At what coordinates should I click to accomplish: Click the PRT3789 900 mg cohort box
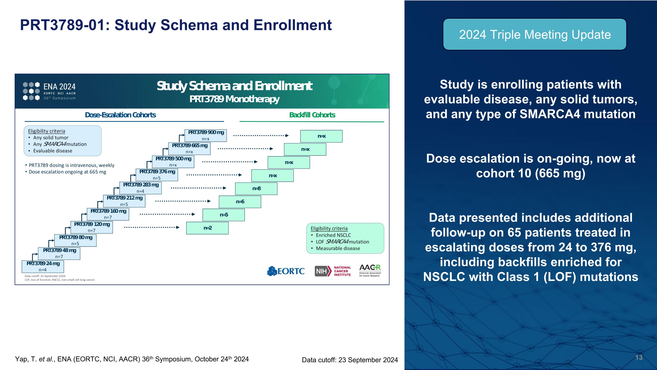(x=206, y=135)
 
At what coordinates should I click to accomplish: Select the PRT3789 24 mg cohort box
(x=43, y=266)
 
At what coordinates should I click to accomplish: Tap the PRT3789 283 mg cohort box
(x=141, y=188)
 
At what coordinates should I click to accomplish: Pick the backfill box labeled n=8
(x=256, y=189)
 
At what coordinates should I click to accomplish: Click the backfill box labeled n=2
(x=207, y=228)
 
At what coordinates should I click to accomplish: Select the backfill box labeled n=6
(x=240, y=202)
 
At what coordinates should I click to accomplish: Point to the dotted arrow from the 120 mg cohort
(x=152, y=227)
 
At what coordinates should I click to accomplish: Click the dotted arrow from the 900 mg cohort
(x=261, y=136)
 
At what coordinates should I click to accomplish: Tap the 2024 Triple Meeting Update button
(x=535, y=34)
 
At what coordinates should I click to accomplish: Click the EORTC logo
(x=286, y=271)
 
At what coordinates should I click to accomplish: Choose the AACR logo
(x=370, y=270)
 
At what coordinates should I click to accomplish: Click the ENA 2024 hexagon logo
(x=31, y=91)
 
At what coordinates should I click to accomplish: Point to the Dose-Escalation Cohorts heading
(x=120, y=115)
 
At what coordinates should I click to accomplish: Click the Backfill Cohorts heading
(x=312, y=115)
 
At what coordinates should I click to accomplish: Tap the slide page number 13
(x=639, y=357)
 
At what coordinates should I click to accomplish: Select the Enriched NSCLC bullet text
(x=333, y=235)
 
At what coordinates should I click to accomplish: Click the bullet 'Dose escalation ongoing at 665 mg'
(x=67, y=172)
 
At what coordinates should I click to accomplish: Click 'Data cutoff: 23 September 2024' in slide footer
(x=350, y=360)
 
